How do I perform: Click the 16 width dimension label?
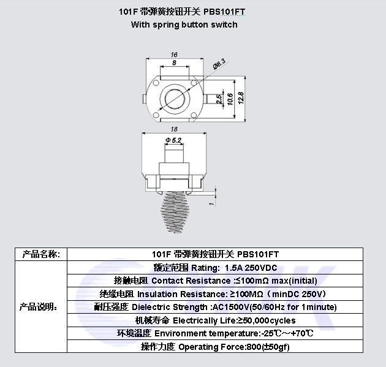point(174,55)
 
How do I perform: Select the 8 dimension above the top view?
point(174,62)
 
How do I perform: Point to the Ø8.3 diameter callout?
point(219,64)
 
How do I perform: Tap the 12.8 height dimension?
point(241,98)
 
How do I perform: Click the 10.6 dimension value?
point(230,99)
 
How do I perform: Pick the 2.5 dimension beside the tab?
point(219,99)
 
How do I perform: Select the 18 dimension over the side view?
point(174,129)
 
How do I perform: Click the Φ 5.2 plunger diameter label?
point(173,140)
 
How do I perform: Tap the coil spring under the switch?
point(174,212)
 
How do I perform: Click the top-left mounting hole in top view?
point(156,83)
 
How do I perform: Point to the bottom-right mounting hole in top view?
point(194,115)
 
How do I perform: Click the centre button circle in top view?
point(175,99)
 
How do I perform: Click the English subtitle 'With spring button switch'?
point(184,25)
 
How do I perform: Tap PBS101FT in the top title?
point(224,12)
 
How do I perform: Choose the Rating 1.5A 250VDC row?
point(215,268)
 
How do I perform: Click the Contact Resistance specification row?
point(215,281)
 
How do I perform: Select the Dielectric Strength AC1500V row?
point(215,307)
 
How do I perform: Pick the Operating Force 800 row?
point(215,347)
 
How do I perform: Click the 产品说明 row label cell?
point(41,307)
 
